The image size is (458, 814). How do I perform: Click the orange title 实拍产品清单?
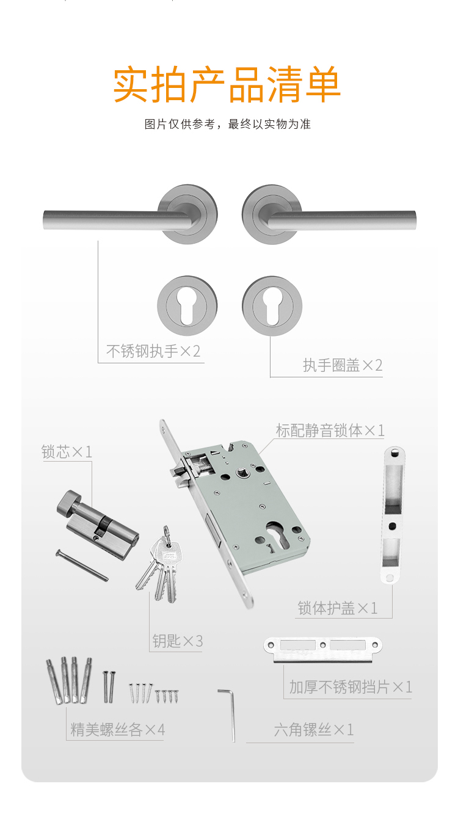coord(227,84)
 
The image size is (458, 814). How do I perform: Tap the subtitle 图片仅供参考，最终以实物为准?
coord(228,125)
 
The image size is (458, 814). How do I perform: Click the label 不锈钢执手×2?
coord(153,351)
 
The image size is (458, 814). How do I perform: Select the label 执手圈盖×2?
coord(343,365)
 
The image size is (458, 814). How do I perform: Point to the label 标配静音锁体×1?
coord(330,431)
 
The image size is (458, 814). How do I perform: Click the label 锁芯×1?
coord(67,452)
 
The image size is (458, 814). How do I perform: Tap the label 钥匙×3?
coord(177,641)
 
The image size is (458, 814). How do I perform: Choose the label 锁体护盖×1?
coord(337,608)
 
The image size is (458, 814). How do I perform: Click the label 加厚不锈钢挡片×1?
coord(351,687)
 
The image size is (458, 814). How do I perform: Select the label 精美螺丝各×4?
coord(117,730)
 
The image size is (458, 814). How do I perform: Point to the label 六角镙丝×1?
coord(314,730)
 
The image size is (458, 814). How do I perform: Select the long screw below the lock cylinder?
coord(82,565)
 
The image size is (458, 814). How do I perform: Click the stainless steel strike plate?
coord(323,649)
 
